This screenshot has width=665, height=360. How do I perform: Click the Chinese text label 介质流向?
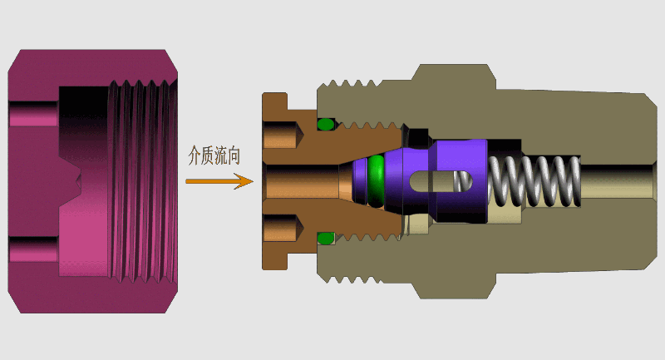click(214, 155)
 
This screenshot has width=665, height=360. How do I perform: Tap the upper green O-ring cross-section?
click(326, 125)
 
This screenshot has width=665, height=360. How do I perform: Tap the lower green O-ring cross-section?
click(325, 239)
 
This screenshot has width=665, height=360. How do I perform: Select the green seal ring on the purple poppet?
click(377, 180)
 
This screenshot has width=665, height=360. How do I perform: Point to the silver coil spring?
click(536, 180)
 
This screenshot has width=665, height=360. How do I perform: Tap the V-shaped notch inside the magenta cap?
click(75, 181)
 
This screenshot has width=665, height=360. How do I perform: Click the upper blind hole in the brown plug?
click(281, 133)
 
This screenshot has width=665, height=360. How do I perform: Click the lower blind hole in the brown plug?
click(281, 229)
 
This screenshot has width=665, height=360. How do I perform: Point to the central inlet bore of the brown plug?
click(299, 180)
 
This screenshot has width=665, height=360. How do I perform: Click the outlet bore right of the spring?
click(619, 180)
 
